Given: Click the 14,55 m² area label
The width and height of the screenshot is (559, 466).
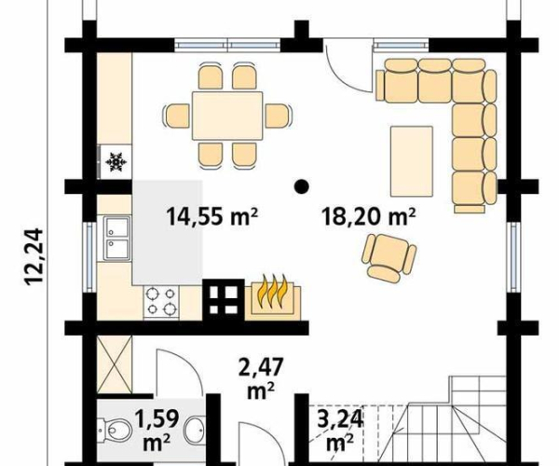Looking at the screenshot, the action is click(x=211, y=216).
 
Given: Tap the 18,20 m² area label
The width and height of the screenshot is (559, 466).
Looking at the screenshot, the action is click(x=369, y=216).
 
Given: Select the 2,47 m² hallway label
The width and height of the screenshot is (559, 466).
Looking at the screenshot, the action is click(x=261, y=379).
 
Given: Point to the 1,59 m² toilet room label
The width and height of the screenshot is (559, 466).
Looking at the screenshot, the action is click(x=157, y=430).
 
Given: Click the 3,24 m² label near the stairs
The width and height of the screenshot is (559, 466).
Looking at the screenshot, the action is click(x=340, y=430).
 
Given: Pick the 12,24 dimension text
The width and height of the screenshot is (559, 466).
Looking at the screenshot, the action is click(x=34, y=256).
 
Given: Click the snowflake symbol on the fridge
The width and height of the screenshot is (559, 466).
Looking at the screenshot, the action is click(x=116, y=162).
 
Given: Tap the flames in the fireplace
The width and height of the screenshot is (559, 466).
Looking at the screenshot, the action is click(x=273, y=291).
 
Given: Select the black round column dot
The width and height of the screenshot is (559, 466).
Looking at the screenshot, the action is click(x=302, y=186).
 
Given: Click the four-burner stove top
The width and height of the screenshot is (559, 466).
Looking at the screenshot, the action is click(x=161, y=302).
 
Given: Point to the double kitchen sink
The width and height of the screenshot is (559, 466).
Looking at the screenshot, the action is click(x=116, y=238).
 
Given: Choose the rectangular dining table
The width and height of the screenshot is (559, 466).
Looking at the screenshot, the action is click(x=227, y=116).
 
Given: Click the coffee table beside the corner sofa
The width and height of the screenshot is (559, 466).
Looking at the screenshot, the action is click(x=412, y=161).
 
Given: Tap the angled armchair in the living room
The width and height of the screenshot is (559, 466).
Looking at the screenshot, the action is click(x=388, y=256).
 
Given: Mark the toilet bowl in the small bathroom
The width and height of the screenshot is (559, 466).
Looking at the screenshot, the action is click(x=113, y=431).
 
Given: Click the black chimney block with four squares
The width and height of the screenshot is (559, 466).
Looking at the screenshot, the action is click(x=224, y=300).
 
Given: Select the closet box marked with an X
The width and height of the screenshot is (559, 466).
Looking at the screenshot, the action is click(x=115, y=364).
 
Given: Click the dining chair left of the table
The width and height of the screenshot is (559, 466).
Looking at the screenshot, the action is click(x=176, y=116).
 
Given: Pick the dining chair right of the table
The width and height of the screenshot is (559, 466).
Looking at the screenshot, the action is click(x=278, y=116).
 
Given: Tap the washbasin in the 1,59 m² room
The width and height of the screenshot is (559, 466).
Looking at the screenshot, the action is click(x=196, y=430).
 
